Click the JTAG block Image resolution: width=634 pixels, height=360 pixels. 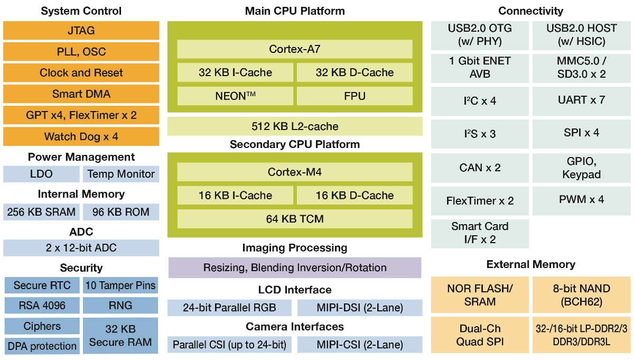[x=81, y=31]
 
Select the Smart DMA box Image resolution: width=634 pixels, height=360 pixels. [x=81, y=94]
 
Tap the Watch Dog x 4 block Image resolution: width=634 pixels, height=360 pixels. [x=81, y=136]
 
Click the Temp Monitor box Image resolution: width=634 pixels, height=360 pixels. [x=121, y=174]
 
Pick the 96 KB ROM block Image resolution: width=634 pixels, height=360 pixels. [x=121, y=212]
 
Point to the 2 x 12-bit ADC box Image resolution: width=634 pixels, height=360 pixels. [x=81, y=247]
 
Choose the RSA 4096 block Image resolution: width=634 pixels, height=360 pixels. [x=42, y=306]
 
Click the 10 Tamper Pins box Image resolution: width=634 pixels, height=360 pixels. [x=121, y=285]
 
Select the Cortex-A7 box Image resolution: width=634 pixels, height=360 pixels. [x=294, y=49]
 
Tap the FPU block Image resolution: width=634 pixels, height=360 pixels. [x=354, y=96]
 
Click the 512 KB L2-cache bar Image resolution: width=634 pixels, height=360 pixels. [x=294, y=126]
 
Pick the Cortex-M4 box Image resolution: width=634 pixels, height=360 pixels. [x=294, y=172]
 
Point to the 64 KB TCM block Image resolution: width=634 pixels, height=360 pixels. [x=294, y=218]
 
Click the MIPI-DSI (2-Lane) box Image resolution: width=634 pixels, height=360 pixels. [x=359, y=308]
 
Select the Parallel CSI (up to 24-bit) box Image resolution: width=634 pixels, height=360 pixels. [x=229, y=345]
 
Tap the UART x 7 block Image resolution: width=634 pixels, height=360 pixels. [x=581, y=99]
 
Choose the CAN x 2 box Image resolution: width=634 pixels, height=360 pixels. [x=480, y=168]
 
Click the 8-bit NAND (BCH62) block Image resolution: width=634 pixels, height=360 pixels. [x=581, y=295]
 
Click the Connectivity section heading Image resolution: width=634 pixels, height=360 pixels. [x=530, y=11]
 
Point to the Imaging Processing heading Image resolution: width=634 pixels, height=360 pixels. [x=294, y=247]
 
